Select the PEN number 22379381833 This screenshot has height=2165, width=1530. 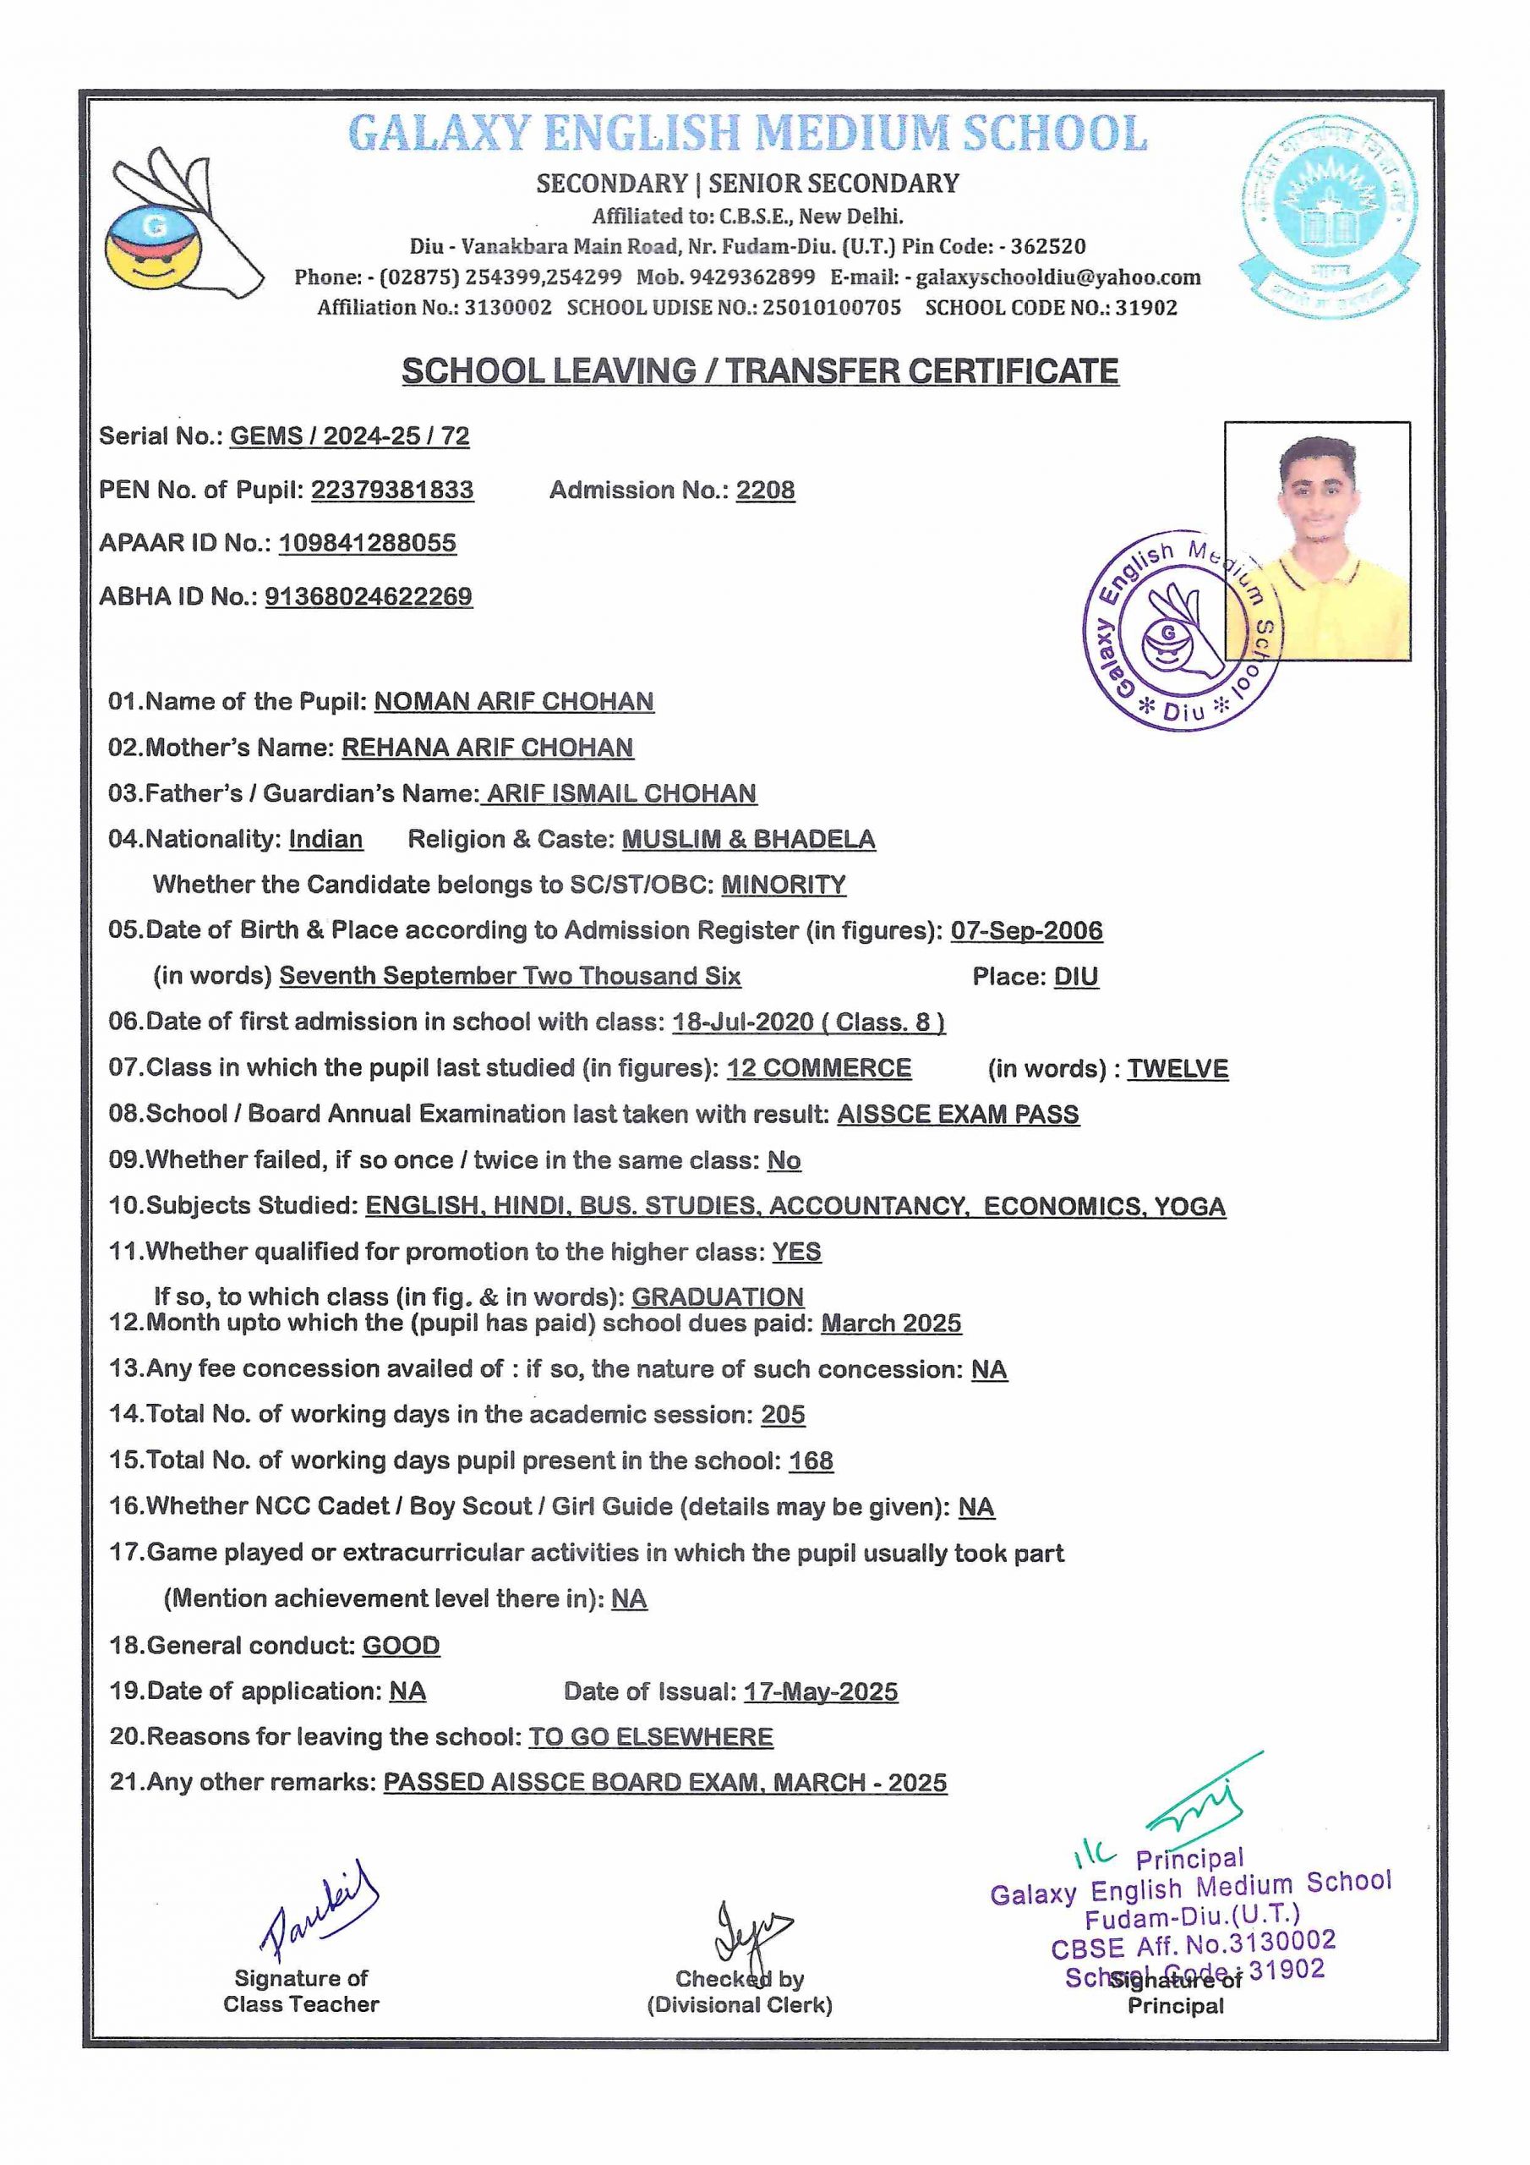pyautogui.click(x=392, y=491)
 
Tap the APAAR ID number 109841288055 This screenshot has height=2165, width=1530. pyautogui.click(x=368, y=543)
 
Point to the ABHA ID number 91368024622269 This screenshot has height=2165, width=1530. pyautogui.click(x=369, y=597)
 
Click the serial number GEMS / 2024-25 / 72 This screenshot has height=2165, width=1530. pyautogui.click(x=350, y=436)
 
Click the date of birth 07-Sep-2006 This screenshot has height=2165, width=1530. pyautogui.click(x=1025, y=930)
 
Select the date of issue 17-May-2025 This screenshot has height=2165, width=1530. pyautogui.click(x=820, y=1691)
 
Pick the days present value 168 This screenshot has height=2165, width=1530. pyautogui.click(x=811, y=1461)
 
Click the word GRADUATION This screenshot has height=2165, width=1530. pyautogui.click(x=718, y=1296)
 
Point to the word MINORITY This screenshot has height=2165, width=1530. pyautogui.click(x=784, y=885)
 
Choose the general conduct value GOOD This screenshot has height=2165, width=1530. pyautogui.click(x=402, y=1646)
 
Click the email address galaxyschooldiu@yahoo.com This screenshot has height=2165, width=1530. pyautogui.click(x=1057, y=277)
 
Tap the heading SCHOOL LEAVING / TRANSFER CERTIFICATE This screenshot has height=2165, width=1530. pyautogui.click(x=760, y=370)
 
